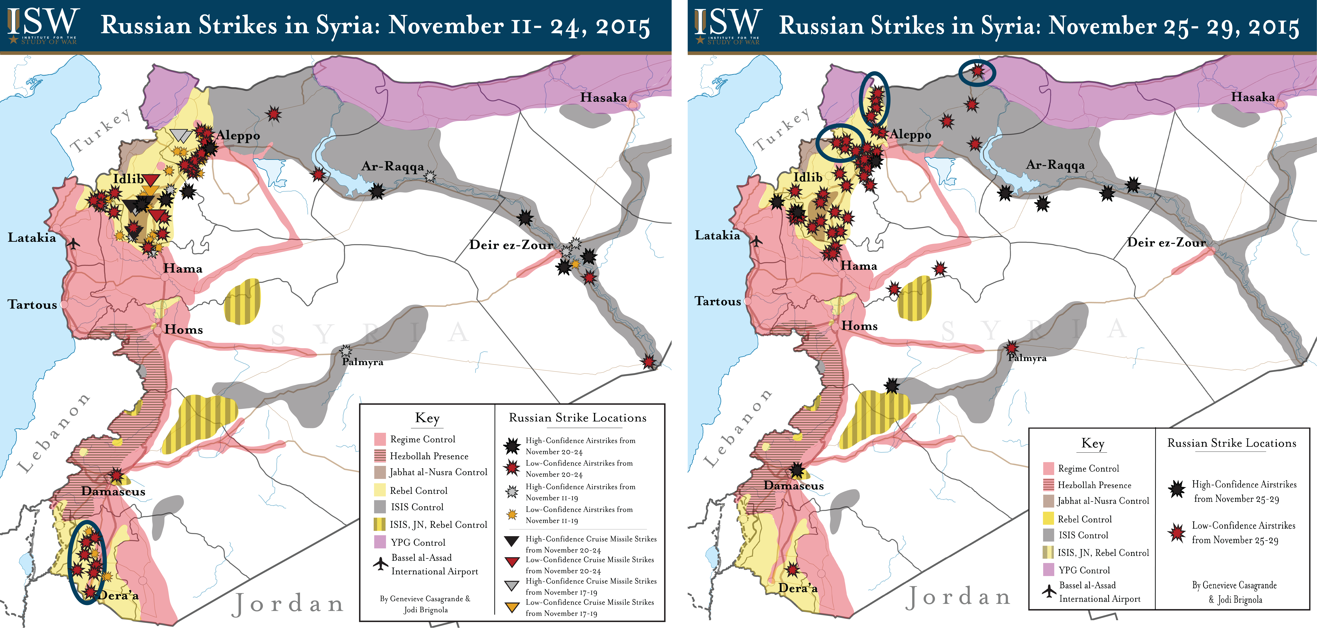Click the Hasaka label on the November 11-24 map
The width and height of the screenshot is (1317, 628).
pyautogui.click(x=603, y=98)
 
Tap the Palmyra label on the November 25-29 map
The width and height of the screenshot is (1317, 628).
pyautogui.click(x=1027, y=358)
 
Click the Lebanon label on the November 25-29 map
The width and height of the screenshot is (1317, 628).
pyautogui.click(x=738, y=428)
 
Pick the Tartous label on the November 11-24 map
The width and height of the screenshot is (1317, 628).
pyautogui.click(x=32, y=304)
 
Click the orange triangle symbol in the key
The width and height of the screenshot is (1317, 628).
pyautogui.click(x=512, y=608)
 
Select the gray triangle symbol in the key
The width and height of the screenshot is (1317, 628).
pyautogui.click(x=512, y=586)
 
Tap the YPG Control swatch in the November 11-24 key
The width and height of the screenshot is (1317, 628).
pyautogui.click(x=380, y=542)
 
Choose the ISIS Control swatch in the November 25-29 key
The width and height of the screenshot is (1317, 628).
pyautogui.click(x=1049, y=535)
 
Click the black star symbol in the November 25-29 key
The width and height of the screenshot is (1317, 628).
pyautogui.click(x=1177, y=489)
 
